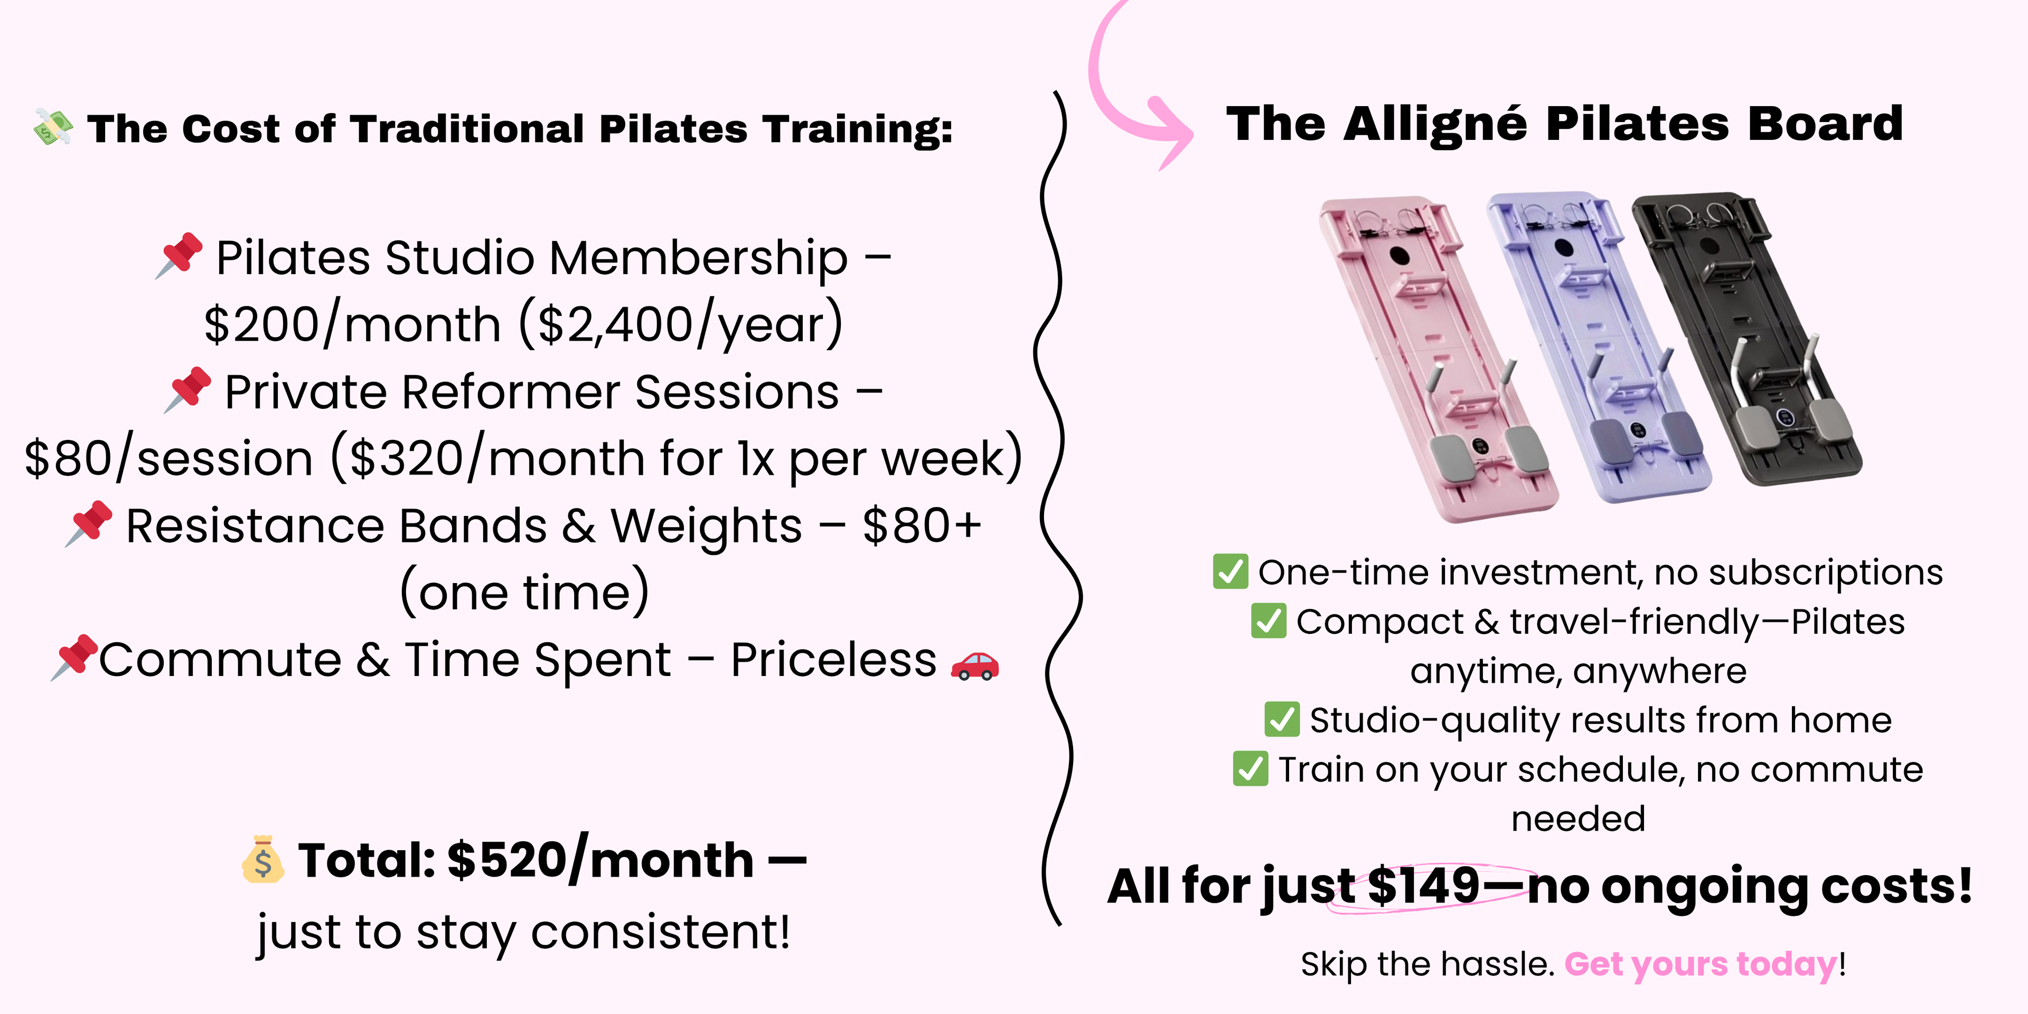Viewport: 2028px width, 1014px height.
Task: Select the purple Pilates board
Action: coord(1598,346)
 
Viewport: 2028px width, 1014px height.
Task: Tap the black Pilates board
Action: coord(1748,339)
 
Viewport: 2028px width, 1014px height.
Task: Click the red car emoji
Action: coord(974,665)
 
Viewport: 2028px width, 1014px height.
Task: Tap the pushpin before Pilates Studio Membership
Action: coord(180,255)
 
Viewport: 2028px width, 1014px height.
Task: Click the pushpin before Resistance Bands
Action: coord(89,523)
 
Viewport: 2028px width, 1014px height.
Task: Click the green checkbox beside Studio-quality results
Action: coord(1282,719)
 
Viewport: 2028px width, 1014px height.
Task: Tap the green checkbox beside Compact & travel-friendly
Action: coord(1268,621)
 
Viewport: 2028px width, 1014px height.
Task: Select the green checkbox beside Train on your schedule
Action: coord(1250,768)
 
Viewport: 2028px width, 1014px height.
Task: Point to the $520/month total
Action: coord(600,860)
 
